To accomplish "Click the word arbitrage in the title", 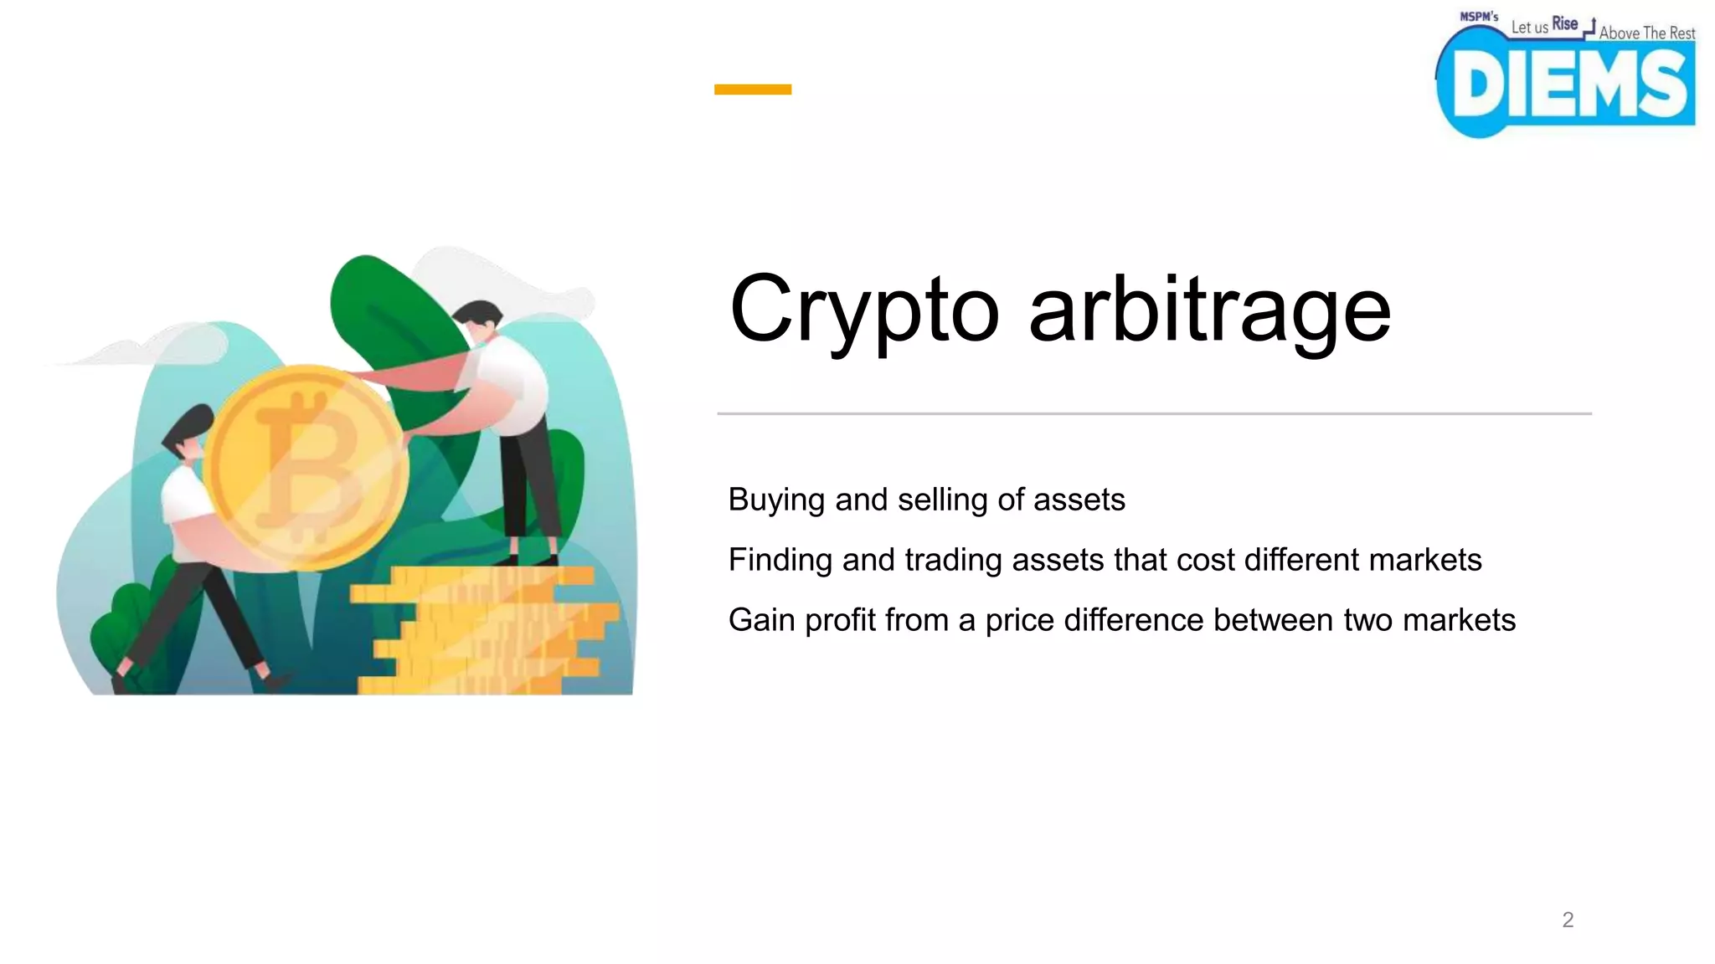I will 1209,311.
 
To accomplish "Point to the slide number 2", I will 1568,920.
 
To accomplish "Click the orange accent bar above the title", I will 752,90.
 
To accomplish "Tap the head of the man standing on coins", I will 479,321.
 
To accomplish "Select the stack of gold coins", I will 486,632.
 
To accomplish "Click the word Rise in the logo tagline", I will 1564,24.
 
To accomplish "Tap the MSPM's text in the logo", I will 1479,17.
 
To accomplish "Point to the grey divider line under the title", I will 1154,413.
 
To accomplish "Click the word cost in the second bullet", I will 1205,560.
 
